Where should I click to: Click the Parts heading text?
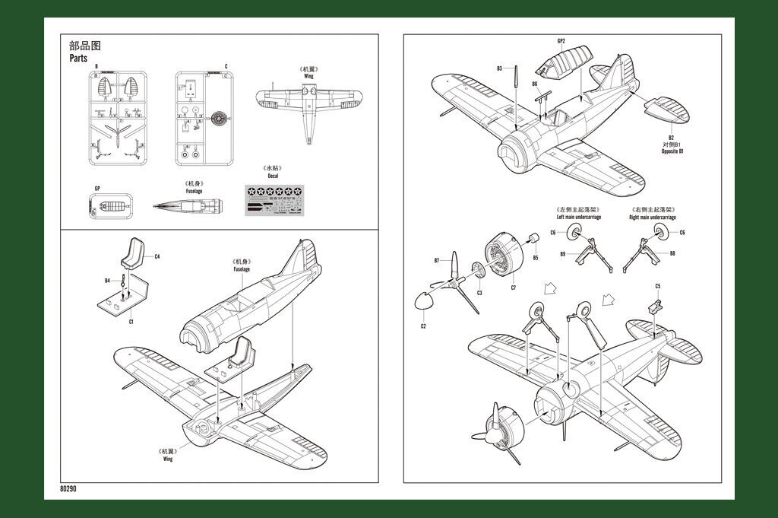click(x=78, y=58)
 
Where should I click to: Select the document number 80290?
click(x=68, y=489)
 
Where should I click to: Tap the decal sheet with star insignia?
click(x=277, y=201)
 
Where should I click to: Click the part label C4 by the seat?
click(x=157, y=257)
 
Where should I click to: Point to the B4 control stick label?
click(x=108, y=281)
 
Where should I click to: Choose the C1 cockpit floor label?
click(x=131, y=322)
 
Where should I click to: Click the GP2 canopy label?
click(x=561, y=40)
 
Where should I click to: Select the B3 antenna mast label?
click(x=500, y=68)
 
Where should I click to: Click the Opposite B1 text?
click(x=672, y=151)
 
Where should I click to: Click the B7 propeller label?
click(x=437, y=260)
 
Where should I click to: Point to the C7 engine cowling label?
click(x=513, y=288)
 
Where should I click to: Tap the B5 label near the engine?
click(x=535, y=257)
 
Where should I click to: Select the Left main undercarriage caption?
click(x=578, y=218)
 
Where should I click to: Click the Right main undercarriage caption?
click(x=653, y=218)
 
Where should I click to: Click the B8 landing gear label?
click(x=672, y=253)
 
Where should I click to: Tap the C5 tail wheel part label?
click(x=657, y=285)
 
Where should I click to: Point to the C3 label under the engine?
click(x=479, y=292)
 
